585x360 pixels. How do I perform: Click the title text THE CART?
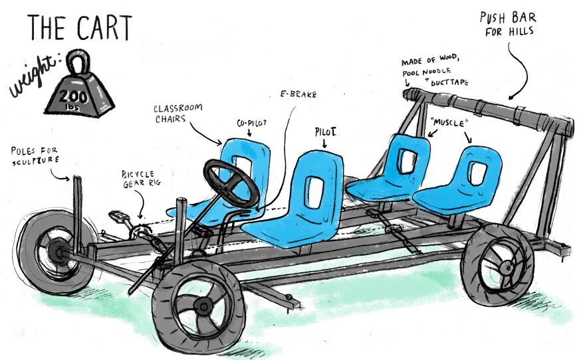(x=80, y=28)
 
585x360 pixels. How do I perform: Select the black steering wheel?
(x=231, y=183)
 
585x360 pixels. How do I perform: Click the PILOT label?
(x=325, y=132)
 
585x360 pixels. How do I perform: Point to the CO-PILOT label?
(x=252, y=123)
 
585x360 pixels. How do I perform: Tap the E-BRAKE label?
(x=298, y=94)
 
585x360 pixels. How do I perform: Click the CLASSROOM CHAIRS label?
(x=178, y=114)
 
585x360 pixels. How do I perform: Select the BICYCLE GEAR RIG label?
(x=141, y=179)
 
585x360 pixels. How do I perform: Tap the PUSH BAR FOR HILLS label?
(x=508, y=24)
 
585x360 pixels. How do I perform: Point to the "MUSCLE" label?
(x=449, y=123)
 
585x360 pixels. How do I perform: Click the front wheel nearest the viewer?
(x=199, y=306)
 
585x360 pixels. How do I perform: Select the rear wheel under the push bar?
(x=498, y=264)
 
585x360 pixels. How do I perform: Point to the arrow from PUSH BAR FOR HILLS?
(x=520, y=71)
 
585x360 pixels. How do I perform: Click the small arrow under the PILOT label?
(x=324, y=143)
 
